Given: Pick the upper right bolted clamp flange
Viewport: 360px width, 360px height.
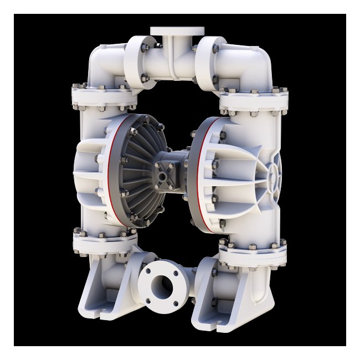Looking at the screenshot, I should click(x=254, y=100).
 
